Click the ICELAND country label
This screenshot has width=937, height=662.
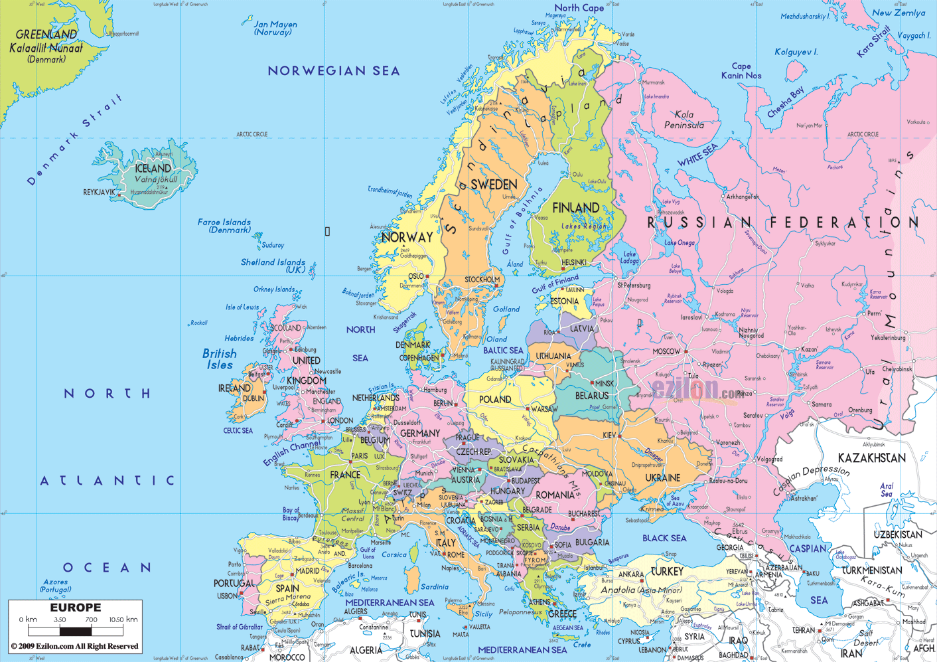click(x=153, y=169)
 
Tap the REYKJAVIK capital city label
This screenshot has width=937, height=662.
click(x=99, y=192)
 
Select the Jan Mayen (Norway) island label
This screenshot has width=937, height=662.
click(x=275, y=28)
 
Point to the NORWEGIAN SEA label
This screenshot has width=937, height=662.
click(x=333, y=70)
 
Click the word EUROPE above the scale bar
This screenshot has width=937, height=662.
click(x=76, y=608)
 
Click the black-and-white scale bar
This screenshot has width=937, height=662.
click(x=75, y=631)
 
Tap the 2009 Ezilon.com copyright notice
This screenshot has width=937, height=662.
click(x=75, y=646)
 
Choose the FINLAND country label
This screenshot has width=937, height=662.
click(x=575, y=208)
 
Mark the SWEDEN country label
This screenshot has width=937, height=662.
click(x=494, y=185)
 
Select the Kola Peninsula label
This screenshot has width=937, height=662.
click(x=684, y=120)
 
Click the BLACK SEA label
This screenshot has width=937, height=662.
click(x=664, y=538)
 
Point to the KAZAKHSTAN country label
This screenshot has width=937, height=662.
click(x=871, y=458)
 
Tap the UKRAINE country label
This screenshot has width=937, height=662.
click(x=662, y=477)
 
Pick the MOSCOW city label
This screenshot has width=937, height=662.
click(x=666, y=351)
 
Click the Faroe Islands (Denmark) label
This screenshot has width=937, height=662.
click(x=224, y=226)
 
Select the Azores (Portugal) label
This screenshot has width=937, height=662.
click(x=55, y=586)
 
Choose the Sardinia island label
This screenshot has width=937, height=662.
click(x=435, y=587)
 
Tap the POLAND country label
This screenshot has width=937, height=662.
click(x=495, y=400)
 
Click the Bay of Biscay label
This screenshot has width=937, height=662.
click(x=291, y=514)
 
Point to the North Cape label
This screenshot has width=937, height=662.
click(x=579, y=8)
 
